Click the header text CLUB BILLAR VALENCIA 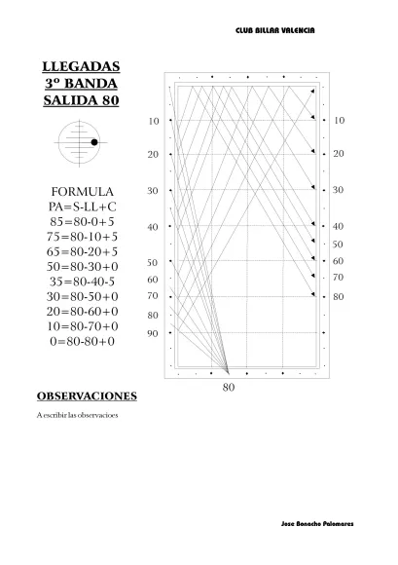[275, 31]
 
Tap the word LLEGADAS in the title [82, 66]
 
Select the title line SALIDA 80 [82, 100]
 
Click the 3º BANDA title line [82, 84]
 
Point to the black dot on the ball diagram [94, 143]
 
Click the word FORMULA [82, 191]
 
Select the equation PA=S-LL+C [82, 207]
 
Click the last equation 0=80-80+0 [82, 341]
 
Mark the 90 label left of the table [153, 333]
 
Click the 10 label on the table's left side [153, 121]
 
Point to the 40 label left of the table [153, 227]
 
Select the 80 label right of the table [339, 295]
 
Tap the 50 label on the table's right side [339, 244]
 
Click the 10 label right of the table [339, 121]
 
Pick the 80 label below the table [229, 387]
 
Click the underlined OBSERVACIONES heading [87, 396]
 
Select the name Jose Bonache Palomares [316, 524]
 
